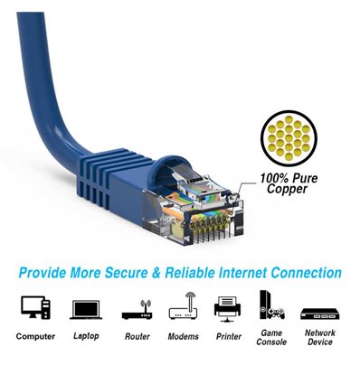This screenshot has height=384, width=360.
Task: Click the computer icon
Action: point(34,308)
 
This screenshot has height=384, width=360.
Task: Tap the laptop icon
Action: point(86,309)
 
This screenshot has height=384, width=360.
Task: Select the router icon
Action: point(135,309)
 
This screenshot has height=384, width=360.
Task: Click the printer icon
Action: point(227,308)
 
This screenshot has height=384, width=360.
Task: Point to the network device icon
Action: point(318,311)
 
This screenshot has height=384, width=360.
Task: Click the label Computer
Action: point(34,336)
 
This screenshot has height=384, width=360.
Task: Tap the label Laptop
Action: point(86,336)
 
